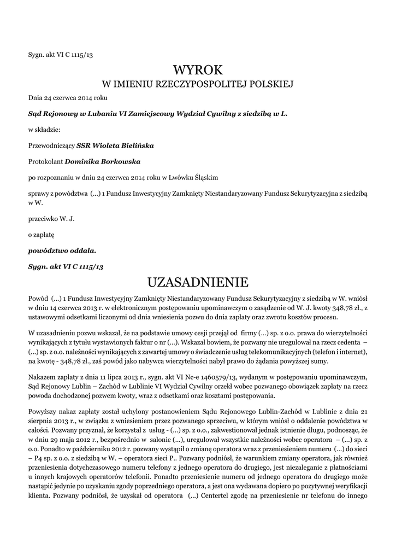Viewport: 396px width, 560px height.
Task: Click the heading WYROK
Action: pos(198,70)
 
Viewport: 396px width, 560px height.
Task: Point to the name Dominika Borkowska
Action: pos(103,161)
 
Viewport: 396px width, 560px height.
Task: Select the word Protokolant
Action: pos(46,161)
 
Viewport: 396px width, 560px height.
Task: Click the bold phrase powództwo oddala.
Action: pos(62,250)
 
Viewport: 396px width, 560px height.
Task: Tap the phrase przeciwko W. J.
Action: pos(51,219)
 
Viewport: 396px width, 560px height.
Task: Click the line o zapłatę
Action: pos(42,235)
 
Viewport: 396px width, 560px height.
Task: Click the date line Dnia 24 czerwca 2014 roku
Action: pos(68,98)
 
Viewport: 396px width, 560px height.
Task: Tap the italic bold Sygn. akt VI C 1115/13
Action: pos(66,266)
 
